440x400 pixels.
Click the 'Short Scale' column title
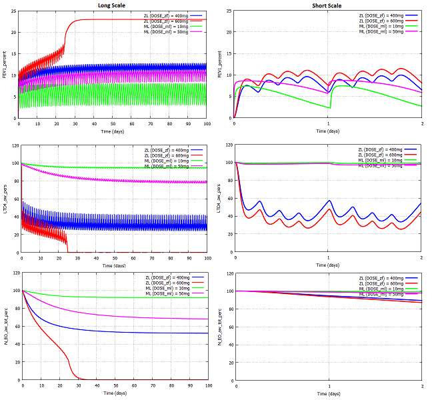[328, 5]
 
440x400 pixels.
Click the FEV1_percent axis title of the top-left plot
[5, 64]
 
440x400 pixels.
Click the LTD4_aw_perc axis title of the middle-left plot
[5, 198]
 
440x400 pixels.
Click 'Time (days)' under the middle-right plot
[329, 265]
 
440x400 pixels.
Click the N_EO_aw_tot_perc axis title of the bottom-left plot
[5, 327]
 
